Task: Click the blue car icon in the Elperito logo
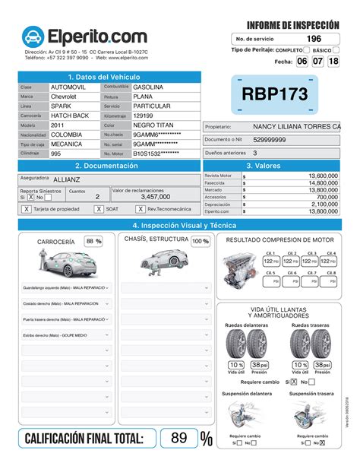pyautogui.click(x=33, y=36)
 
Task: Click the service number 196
pyautogui.click(x=313, y=39)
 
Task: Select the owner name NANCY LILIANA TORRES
pyautogui.click(x=296, y=126)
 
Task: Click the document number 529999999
pyautogui.click(x=270, y=140)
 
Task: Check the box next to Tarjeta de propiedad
pyautogui.click(x=27, y=208)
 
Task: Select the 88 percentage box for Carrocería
pyautogui.click(x=93, y=241)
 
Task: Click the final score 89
pyautogui.click(x=178, y=438)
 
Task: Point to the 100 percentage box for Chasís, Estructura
pyautogui.click(x=200, y=241)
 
